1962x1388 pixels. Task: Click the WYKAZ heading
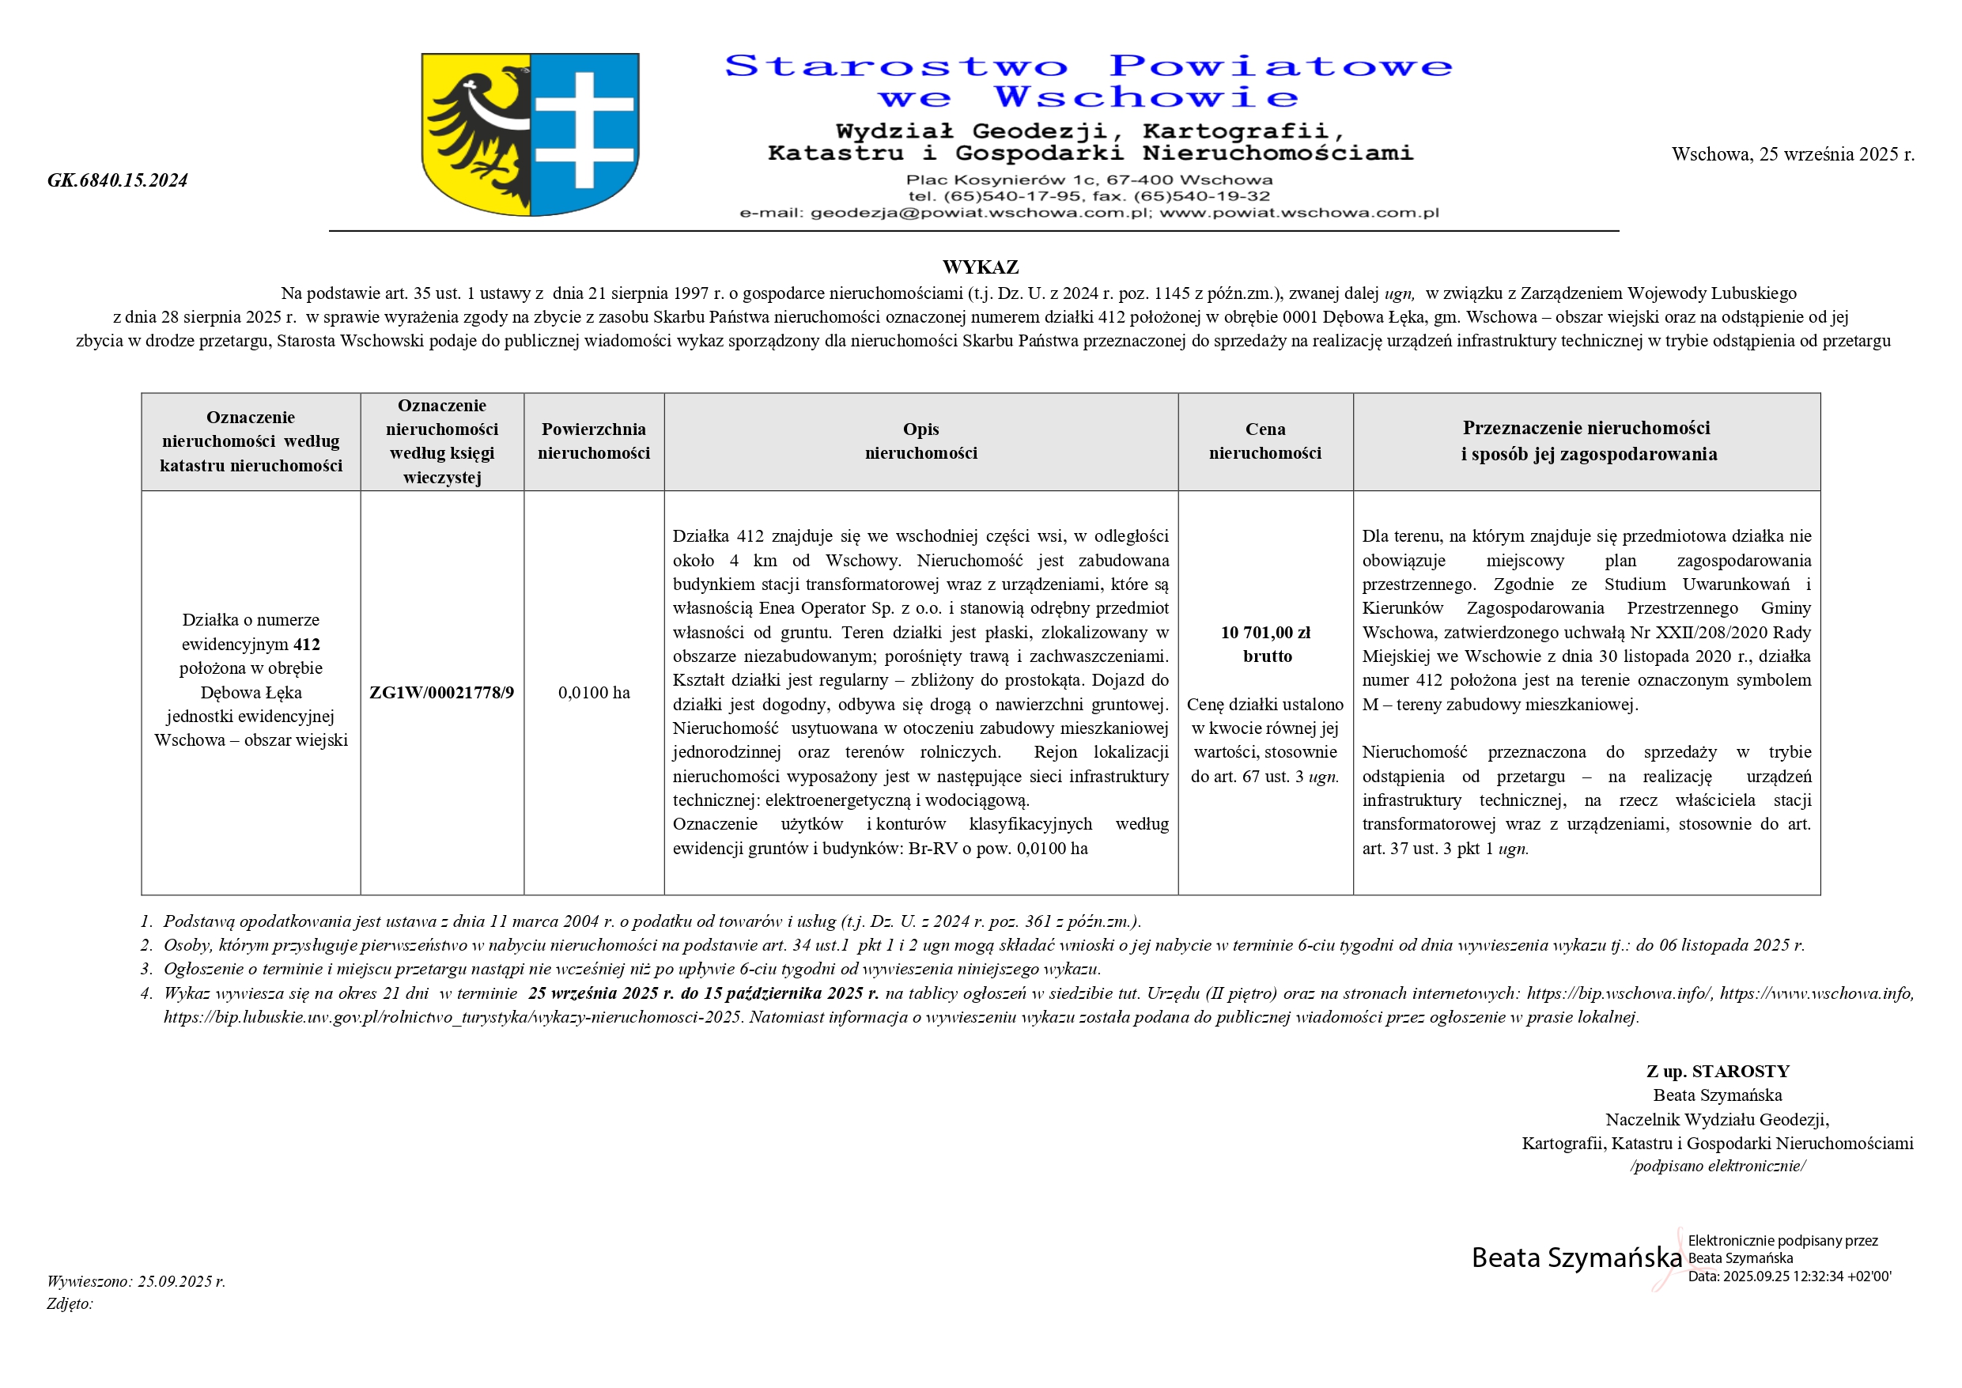click(x=980, y=267)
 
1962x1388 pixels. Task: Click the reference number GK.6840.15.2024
click(x=117, y=180)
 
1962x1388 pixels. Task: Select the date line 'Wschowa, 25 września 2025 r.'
click(x=1793, y=155)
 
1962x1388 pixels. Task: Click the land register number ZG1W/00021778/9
click(x=442, y=692)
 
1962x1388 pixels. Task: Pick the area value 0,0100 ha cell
click(x=594, y=692)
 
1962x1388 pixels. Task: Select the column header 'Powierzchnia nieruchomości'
click(x=594, y=441)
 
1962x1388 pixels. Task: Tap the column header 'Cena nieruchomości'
click(x=1265, y=441)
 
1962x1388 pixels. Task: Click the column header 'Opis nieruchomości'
click(x=921, y=441)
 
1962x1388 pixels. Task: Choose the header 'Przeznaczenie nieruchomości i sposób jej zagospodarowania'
click(x=1588, y=441)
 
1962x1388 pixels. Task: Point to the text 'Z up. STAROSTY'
click(x=1718, y=1072)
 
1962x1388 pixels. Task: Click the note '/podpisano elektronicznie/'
click(x=1718, y=1167)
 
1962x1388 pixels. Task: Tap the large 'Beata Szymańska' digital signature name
click(x=1577, y=1258)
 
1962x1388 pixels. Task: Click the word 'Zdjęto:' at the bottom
click(x=70, y=1304)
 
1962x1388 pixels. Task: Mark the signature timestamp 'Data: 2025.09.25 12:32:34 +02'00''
click(x=1790, y=1277)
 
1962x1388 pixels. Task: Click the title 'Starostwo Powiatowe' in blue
click(x=1088, y=66)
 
